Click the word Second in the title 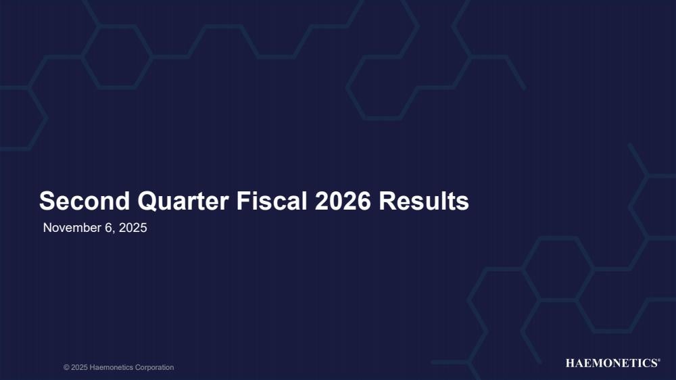click(x=84, y=201)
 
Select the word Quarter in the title click(x=183, y=201)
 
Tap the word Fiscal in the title click(x=272, y=201)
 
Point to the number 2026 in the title click(x=343, y=201)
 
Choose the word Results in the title click(x=424, y=201)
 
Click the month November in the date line click(x=72, y=228)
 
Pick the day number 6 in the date click(x=109, y=228)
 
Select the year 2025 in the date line click(x=132, y=228)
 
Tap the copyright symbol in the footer click(x=66, y=368)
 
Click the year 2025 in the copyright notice click(x=79, y=368)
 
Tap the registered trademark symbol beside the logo click(x=658, y=360)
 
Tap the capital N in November click(x=47, y=228)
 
